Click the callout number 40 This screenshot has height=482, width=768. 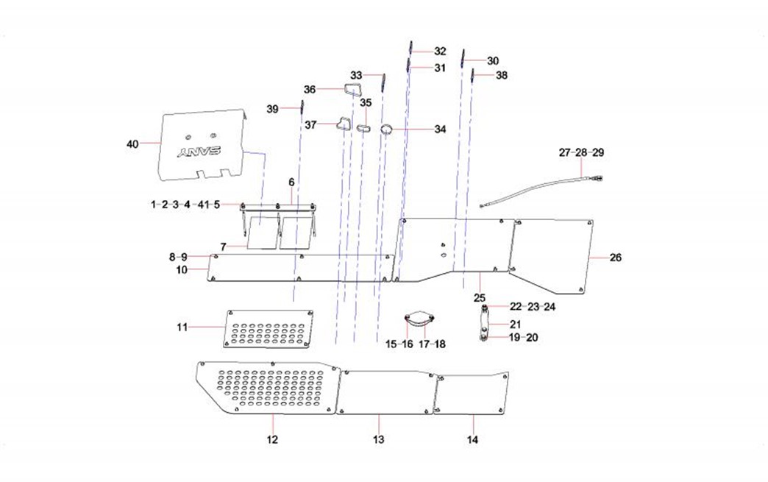pos(133,143)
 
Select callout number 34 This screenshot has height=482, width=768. pos(439,130)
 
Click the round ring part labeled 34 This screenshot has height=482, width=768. pos(385,130)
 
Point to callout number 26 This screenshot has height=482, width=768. pos(615,258)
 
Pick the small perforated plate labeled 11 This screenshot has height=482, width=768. pos(269,328)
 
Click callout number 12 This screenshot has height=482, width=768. pos(272,440)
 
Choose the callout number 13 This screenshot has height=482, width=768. pos(377,440)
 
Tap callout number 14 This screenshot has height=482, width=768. pos(472,440)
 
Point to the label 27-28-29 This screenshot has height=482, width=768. pos(581,152)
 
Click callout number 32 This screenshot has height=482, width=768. pos(440,52)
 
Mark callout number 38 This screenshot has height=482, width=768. pos(501,76)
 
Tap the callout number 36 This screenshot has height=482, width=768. pos(310,89)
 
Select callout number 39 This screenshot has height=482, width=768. pos(272,109)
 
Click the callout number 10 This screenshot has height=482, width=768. pos(182,270)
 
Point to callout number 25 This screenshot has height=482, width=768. pos(480,298)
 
